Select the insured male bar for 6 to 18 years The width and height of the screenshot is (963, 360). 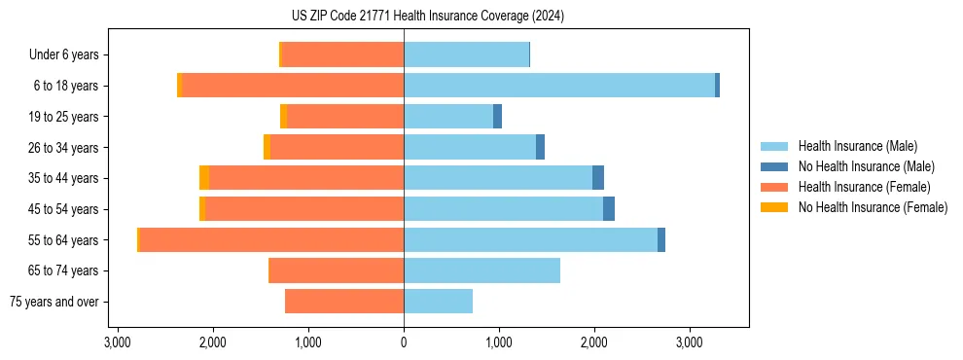559,86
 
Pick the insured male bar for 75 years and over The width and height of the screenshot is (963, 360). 438,302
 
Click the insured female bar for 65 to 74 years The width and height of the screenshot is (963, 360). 336,270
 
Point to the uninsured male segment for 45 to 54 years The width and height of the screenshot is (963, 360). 609,209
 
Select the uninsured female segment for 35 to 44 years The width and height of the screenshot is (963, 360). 204,178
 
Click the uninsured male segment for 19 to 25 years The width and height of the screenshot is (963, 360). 497,117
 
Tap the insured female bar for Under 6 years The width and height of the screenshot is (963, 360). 342,54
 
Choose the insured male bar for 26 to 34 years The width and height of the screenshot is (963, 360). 470,147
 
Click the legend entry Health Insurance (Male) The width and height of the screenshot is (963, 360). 857,146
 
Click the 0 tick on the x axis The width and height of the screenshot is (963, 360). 404,342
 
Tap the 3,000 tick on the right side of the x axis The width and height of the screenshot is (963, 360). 689,342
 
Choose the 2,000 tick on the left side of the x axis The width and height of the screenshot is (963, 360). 212,342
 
